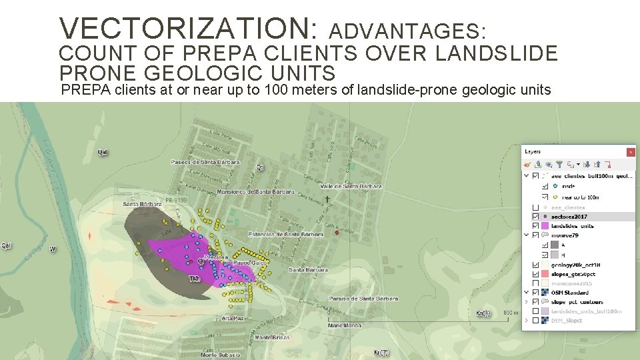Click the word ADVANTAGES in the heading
coord(408,31)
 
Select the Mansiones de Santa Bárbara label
coord(255,192)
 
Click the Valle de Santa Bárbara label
coord(351,187)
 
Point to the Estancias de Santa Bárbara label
coord(285,235)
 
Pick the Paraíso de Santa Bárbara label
coord(363,299)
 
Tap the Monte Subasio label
coord(219,355)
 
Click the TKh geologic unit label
coord(194,277)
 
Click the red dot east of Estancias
coord(337,233)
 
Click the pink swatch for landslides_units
coord(545,226)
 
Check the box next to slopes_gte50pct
coord(535,273)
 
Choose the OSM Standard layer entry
coord(569,292)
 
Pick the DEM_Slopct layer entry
coord(567,321)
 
